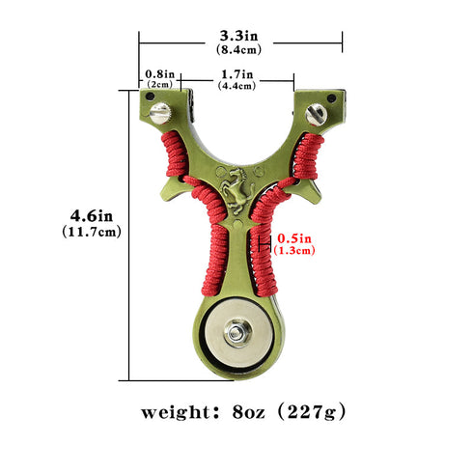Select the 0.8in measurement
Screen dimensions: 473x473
[x=159, y=73]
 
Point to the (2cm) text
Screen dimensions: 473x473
[x=159, y=85]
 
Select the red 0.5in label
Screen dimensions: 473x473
[x=294, y=237]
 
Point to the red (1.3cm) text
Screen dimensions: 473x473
[x=294, y=250]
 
